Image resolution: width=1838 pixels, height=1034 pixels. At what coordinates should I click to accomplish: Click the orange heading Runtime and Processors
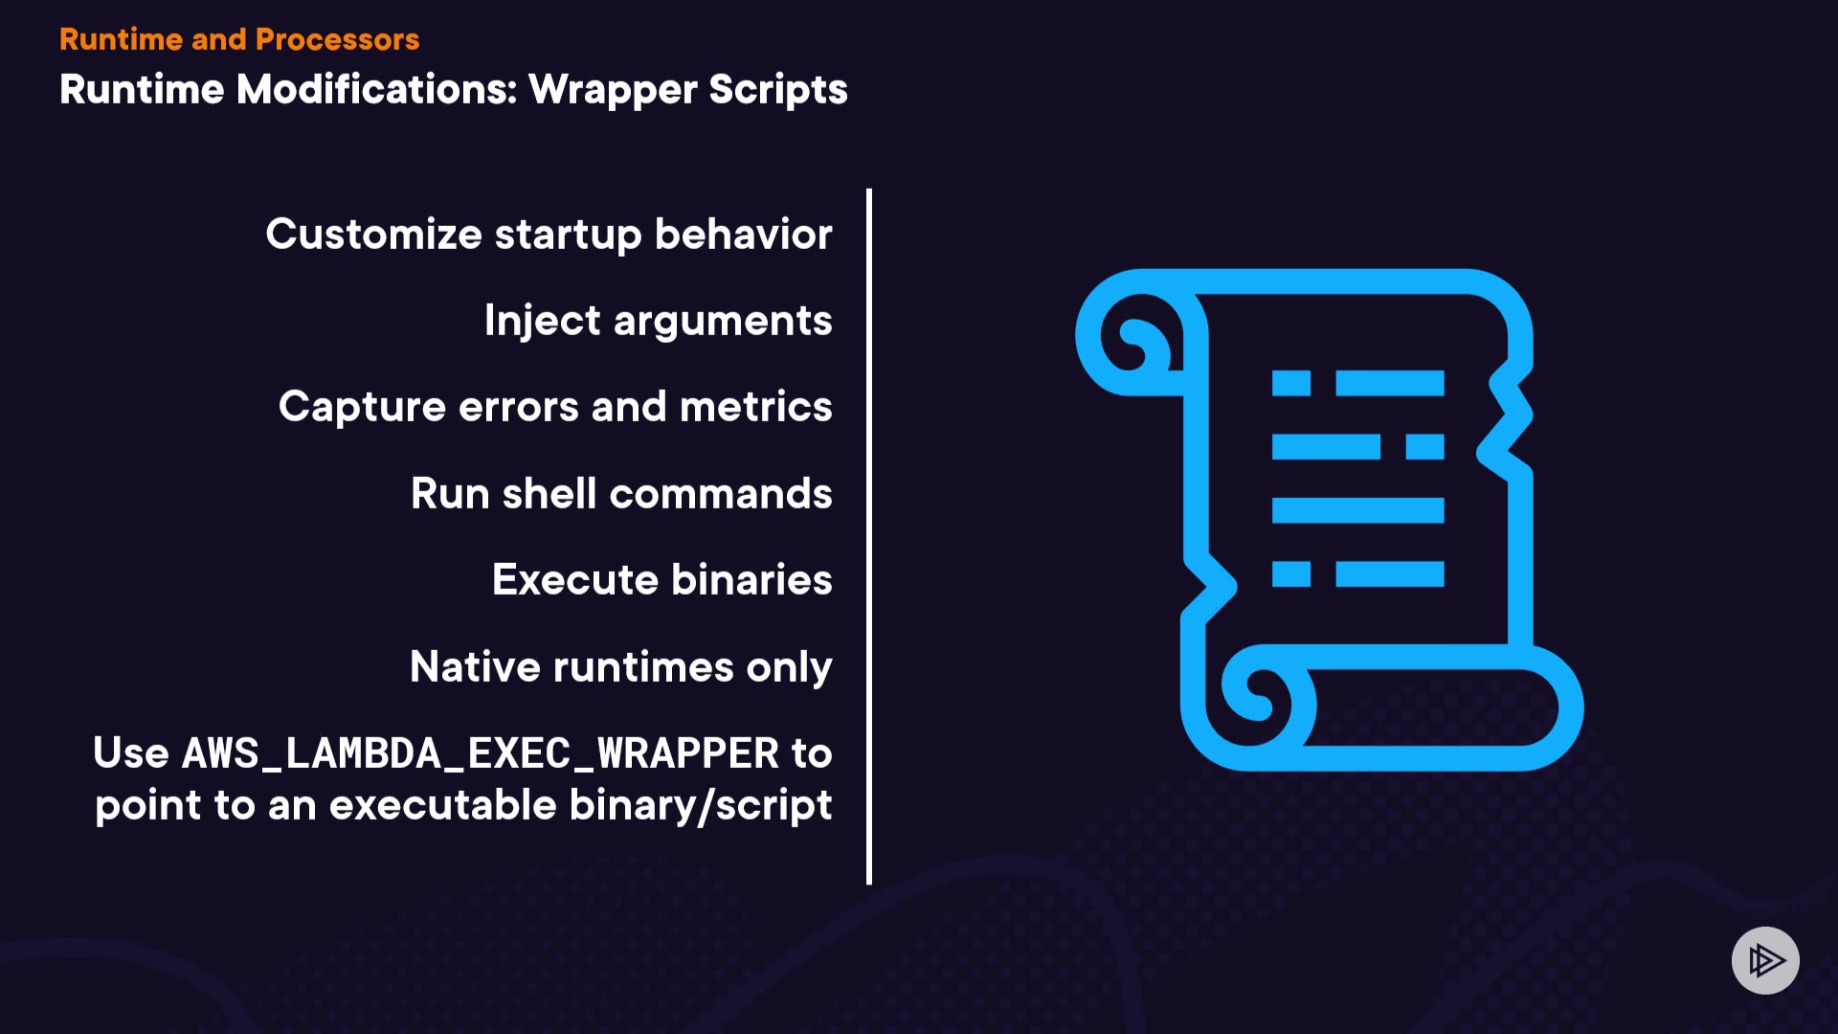pyautogui.click(x=239, y=39)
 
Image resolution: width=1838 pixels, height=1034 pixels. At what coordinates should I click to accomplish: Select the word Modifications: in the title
pyautogui.click(x=376, y=90)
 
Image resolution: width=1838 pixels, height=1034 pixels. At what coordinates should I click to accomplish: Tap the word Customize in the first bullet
pyautogui.click(x=373, y=235)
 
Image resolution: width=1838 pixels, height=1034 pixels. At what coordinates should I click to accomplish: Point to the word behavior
pyautogui.click(x=743, y=235)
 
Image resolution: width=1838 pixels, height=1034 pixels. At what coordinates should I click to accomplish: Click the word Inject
pyautogui.click(x=542, y=321)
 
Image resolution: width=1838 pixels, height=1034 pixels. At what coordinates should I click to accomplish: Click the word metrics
pyautogui.click(x=755, y=407)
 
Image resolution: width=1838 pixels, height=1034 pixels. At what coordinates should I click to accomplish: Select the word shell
pyautogui.click(x=549, y=494)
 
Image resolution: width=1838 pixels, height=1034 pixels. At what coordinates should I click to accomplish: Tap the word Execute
pyautogui.click(x=575, y=580)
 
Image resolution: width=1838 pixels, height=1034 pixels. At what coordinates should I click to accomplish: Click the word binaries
pyautogui.click(x=751, y=580)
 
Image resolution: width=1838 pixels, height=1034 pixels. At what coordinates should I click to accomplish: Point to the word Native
pyautogui.click(x=475, y=667)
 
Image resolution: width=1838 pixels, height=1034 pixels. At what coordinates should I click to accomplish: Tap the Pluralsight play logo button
pyautogui.click(x=1765, y=960)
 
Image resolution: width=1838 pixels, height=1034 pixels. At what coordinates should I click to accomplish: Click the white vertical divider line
pyautogui.click(x=869, y=536)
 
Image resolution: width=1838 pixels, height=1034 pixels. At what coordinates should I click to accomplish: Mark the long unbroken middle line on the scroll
pyautogui.click(x=1357, y=510)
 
